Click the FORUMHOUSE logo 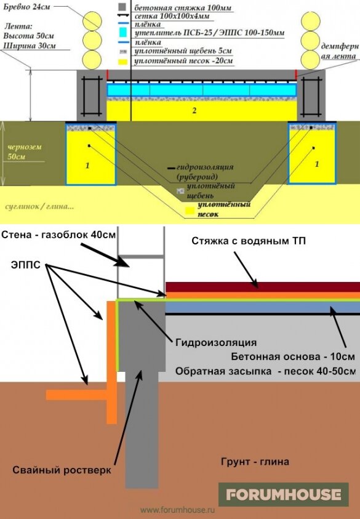click(x=283, y=494)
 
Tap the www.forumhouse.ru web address click(x=178, y=510)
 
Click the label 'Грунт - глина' click(x=255, y=461)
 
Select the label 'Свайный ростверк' click(x=62, y=470)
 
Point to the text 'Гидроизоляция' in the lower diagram click(x=216, y=342)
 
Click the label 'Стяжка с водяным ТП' click(x=249, y=241)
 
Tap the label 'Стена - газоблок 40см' click(x=58, y=235)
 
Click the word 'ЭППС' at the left click(x=25, y=265)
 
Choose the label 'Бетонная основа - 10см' click(x=293, y=356)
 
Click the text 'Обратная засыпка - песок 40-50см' click(x=265, y=371)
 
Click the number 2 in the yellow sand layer click(x=194, y=110)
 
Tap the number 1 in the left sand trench click(x=87, y=165)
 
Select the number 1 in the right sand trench click(x=317, y=164)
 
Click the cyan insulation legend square click(x=122, y=33)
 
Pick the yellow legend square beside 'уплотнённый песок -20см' click(x=122, y=62)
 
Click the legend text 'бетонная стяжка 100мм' click(x=183, y=7)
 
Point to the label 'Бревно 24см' click(x=26, y=7)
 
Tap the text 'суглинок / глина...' click(x=39, y=206)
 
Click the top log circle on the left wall click(x=92, y=21)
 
